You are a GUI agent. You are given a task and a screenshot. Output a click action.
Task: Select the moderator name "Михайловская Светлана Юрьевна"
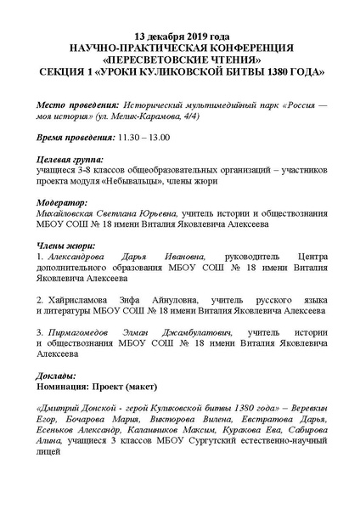tap(104, 215)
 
